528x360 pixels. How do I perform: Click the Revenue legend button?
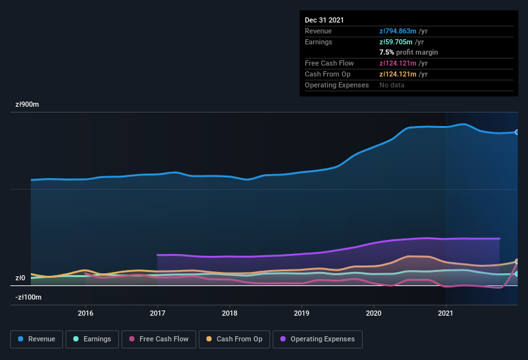pyautogui.click(x=37, y=339)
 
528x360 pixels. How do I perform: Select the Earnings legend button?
pyautogui.click(x=91, y=339)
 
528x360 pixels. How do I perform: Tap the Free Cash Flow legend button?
pyautogui.click(x=158, y=339)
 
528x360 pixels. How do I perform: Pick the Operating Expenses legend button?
pyautogui.click(x=317, y=339)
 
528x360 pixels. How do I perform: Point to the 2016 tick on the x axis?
pyautogui.click(x=86, y=313)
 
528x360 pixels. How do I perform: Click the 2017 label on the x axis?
pyautogui.click(x=158, y=313)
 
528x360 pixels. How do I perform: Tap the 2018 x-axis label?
pyautogui.click(x=230, y=313)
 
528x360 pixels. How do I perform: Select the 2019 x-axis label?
pyautogui.click(x=302, y=313)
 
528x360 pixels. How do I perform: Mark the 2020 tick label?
pyautogui.click(x=374, y=313)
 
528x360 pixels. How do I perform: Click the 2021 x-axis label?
pyautogui.click(x=446, y=313)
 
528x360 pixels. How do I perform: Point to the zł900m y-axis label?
pyautogui.click(x=28, y=104)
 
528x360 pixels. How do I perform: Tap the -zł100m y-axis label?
pyautogui.click(x=28, y=297)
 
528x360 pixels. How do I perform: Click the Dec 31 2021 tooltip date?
pyautogui.click(x=324, y=20)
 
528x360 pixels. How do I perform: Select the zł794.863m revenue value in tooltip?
pyautogui.click(x=403, y=31)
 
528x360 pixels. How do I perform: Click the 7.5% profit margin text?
pyautogui.click(x=408, y=52)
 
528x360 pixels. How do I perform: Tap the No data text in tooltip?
pyautogui.click(x=392, y=85)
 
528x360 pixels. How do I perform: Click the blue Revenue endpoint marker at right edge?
pyautogui.click(x=517, y=132)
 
